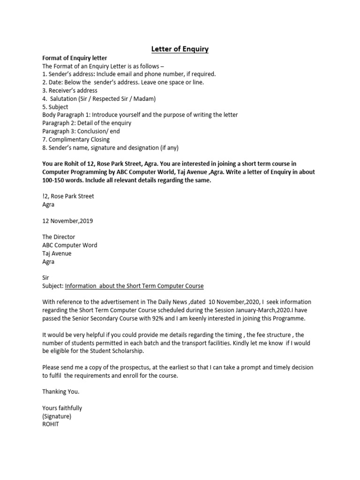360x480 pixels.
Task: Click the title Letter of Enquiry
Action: click(180, 49)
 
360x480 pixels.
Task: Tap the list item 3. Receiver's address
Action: click(70, 90)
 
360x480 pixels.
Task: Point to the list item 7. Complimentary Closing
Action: click(76, 139)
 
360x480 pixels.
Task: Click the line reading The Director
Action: click(59, 237)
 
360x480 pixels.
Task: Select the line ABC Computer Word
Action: click(70, 245)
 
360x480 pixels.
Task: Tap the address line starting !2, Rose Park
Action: click(68, 196)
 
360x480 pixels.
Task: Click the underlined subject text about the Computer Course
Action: click(134, 286)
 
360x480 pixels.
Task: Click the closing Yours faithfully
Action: click(62, 408)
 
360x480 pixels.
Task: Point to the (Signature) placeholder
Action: click(57, 416)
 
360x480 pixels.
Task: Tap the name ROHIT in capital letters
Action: click(51, 424)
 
